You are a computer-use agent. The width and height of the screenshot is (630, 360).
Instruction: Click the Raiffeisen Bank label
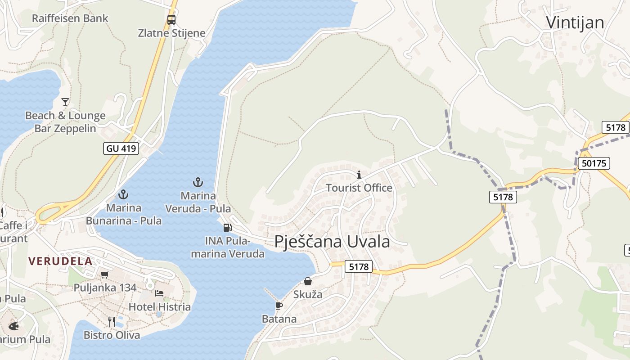[x=70, y=18]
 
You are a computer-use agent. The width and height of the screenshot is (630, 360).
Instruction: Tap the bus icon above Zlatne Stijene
[x=171, y=20]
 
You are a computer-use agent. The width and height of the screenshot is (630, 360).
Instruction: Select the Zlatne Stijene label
[x=171, y=33]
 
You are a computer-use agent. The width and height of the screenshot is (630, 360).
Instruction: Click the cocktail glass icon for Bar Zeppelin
[x=65, y=102]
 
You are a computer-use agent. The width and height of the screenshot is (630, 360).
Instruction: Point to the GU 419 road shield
[x=121, y=148]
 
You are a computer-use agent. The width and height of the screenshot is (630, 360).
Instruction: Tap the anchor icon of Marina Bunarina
[x=123, y=194]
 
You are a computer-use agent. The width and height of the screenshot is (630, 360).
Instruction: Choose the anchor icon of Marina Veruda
[x=198, y=182]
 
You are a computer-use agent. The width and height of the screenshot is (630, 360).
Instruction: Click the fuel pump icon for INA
[x=228, y=228]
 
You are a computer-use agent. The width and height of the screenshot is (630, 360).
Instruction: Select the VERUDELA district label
[x=60, y=261]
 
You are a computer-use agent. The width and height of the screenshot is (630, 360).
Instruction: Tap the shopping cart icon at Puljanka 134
[x=105, y=274]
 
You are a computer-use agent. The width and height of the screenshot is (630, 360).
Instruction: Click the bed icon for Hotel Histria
[x=159, y=293]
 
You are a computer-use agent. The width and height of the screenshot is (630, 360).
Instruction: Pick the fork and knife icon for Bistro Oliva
[x=112, y=321]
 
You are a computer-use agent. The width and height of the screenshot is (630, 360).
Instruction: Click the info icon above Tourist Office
[x=359, y=175]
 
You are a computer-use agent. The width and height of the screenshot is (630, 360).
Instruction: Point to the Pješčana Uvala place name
[x=332, y=242]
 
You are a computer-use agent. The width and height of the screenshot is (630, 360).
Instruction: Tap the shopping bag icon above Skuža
[x=308, y=281]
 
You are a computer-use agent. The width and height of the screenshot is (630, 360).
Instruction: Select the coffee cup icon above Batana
[x=279, y=306]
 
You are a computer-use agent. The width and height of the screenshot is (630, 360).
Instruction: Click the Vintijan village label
[x=575, y=22]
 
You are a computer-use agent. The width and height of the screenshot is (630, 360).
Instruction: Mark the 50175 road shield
[x=594, y=163]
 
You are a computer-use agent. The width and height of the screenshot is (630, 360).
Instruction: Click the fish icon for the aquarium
[x=13, y=326]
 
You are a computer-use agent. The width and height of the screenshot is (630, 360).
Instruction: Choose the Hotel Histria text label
[x=160, y=307]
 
